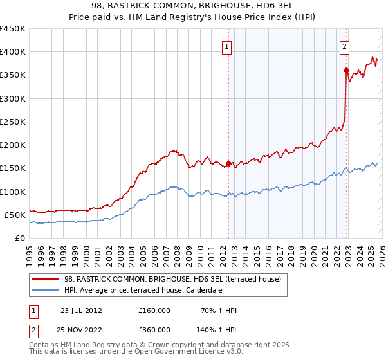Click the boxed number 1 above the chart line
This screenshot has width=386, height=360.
click(228, 46)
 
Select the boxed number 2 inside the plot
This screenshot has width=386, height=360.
click(345, 46)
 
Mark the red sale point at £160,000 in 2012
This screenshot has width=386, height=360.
click(228, 163)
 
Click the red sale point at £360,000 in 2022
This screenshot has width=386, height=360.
click(346, 71)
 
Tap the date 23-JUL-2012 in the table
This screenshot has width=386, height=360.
click(81, 310)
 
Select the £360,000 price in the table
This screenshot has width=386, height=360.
click(154, 329)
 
